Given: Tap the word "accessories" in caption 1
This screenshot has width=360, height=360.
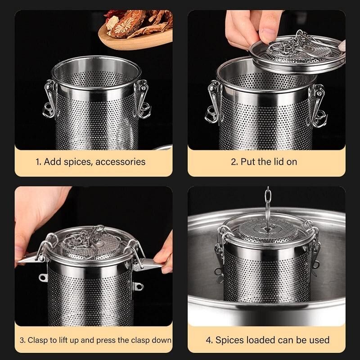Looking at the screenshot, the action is pyautogui.click(x=120, y=162).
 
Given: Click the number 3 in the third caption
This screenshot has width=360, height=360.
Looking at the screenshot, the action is pyautogui.click(x=22, y=340).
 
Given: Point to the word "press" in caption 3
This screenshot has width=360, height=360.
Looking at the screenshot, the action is pyautogui.click(x=106, y=340).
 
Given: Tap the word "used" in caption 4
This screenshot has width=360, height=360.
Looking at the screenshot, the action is pyautogui.click(x=319, y=340).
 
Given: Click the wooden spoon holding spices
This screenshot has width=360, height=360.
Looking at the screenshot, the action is pyautogui.click(x=135, y=39).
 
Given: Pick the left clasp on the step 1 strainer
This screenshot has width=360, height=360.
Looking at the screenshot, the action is pyautogui.click(x=50, y=99).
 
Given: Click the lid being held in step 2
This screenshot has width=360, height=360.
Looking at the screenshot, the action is pyautogui.click(x=297, y=54).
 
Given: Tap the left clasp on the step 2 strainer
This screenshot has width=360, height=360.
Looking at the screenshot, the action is pyautogui.click(x=213, y=102).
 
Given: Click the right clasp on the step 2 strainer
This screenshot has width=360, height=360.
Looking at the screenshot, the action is pyautogui.click(x=318, y=106).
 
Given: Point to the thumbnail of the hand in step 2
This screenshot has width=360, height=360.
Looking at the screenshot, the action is pyautogui.click(x=267, y=35).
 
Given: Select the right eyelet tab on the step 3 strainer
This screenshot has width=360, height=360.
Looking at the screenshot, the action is pyautogui.click(x=138, y=287).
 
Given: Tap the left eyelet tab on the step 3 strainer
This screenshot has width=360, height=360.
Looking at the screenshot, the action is pyautogui.click(x=43, y=278).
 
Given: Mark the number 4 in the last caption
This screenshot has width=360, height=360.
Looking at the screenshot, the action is pyautogui.click(x=208, y=340).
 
